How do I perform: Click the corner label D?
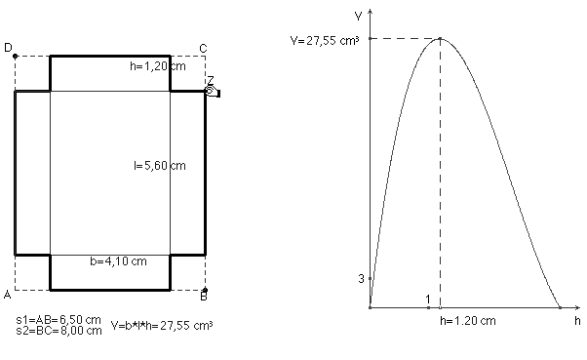click(x=8, y=48)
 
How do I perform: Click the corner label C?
click(x=203, y=49)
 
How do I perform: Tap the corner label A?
click(x=8, y=295)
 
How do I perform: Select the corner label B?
click(x=204, y=297)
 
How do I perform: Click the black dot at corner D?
click(x=15, y=57)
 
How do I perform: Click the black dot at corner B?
click(x=205, y=290)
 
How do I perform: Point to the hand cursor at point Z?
click(x=213, y=91)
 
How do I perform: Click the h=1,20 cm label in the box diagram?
click(x=158, y=66)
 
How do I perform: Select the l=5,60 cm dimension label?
click(x=160, y=166)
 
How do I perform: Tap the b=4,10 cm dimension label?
click(x=118, y=261)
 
